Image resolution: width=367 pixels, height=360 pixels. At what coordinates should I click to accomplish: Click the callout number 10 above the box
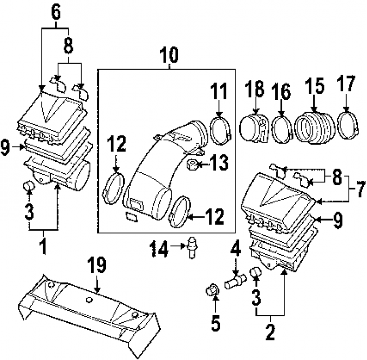tap(168, 55)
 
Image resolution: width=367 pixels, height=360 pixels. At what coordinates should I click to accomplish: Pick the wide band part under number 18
tap(255, 127)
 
